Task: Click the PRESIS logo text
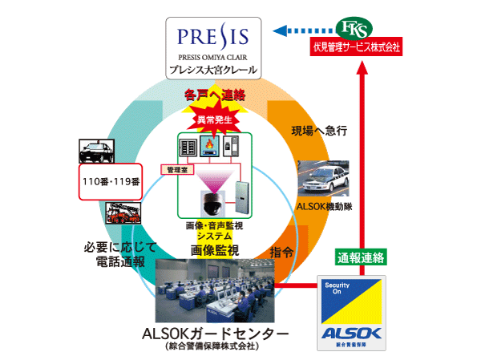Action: (x=212, y=38)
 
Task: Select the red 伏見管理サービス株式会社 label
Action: (x=356, y=47)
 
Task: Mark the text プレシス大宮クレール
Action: (x=213, y=71)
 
